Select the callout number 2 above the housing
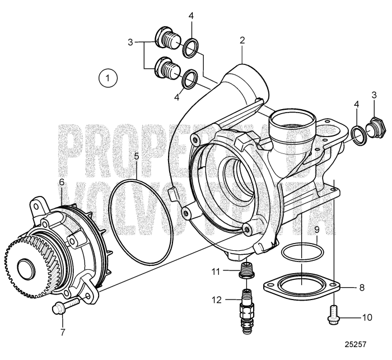(242, 40)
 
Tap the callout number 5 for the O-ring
(137, 156)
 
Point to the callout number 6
(62, 182)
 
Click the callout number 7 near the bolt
(63, 332)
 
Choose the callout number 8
(362, 288)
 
